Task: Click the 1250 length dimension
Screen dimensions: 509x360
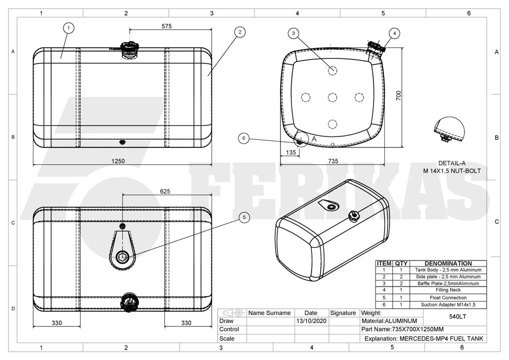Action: click(x=118, y=161)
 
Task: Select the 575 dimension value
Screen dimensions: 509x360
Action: click(x=166, y=26)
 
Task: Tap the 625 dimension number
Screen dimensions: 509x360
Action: click(x=165, y=191)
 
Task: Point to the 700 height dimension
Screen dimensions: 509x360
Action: click(x=398, y=95)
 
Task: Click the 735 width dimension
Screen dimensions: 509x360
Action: click(x=333, y=161)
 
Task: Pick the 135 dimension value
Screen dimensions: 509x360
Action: click(x=291, y=152)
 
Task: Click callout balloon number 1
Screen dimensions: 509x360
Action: click(x=68, y=28)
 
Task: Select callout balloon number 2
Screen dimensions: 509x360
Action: click(x=239, y=32)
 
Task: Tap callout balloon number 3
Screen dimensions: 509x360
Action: click(x=293, y=33)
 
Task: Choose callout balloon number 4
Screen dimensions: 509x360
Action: click(x=394, y=33)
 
